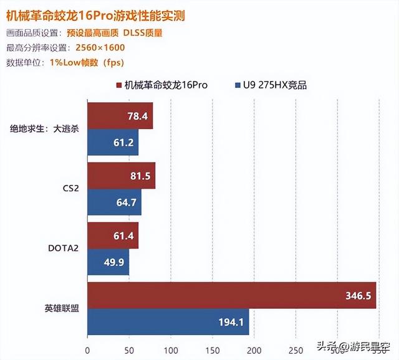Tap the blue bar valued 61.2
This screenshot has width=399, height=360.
(x=112, y=143)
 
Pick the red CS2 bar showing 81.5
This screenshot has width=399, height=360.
(x=121, y=176)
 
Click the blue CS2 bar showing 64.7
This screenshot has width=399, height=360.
(x=114, y=202)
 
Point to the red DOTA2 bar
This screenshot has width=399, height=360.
(x=112, y=235)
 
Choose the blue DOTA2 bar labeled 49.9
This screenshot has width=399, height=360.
(x=108, y=262)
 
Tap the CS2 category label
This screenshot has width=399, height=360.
(x=70, y=189)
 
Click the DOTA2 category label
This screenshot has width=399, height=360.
(x=63, y=249)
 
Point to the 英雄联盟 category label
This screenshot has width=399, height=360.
(x=62, y=308)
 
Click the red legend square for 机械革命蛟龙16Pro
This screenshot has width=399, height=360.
(x=118, y=85)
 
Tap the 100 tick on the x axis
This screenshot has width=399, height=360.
(x=171, y=349)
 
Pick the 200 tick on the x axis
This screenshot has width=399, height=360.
(x=254, y=349)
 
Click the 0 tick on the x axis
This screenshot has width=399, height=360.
(x=87, y=349)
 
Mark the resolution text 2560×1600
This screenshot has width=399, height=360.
(x=100, y=47)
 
